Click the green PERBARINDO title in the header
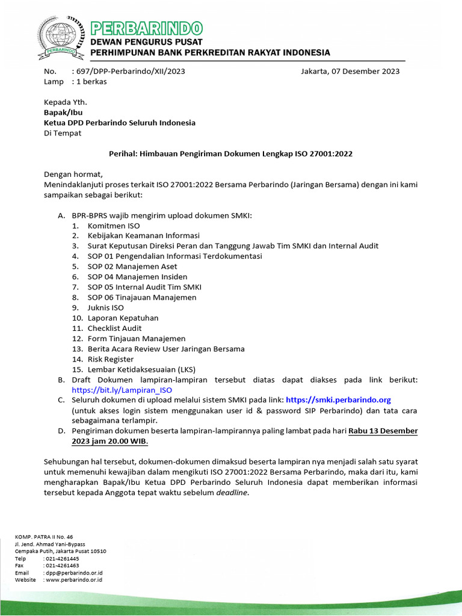146,28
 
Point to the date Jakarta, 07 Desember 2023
350,71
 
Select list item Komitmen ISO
114,226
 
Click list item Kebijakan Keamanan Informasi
143,236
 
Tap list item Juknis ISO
106,307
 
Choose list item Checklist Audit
114,328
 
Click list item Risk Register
111,359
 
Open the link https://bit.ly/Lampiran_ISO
122,390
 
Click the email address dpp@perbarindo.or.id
73,573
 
